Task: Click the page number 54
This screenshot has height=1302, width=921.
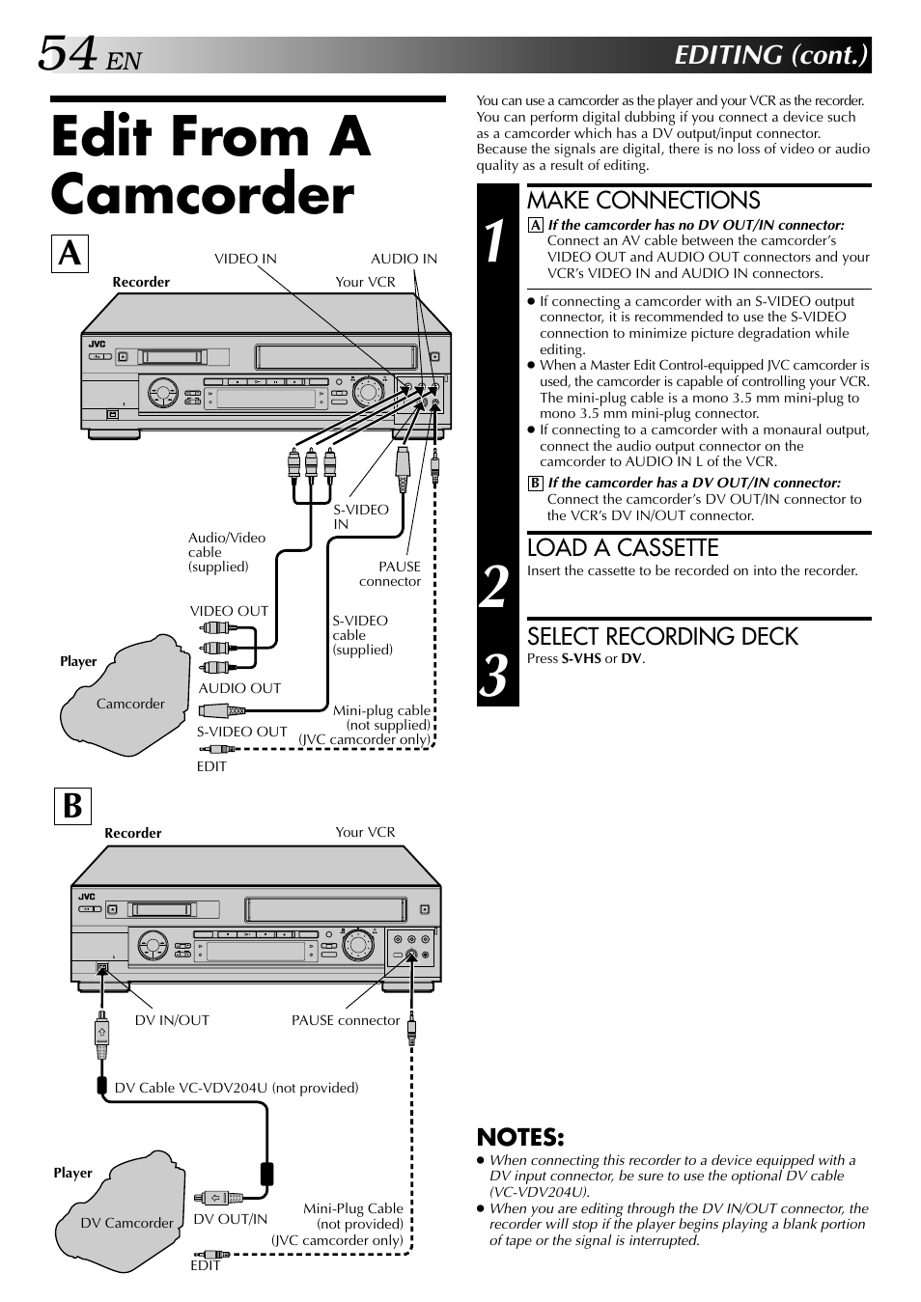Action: coord(67,53)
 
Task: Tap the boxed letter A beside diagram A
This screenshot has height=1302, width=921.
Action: coord(70,254)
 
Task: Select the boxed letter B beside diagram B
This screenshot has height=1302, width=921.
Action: coord(72,806)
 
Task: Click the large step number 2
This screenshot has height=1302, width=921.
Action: coord(494,587)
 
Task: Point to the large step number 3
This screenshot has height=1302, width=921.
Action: coord(494,675)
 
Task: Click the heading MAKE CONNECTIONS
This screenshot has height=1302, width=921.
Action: coord(643,201)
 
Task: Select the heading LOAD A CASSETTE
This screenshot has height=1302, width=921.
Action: coord(623,548)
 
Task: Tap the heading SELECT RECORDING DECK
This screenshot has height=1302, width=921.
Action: coord(662,636)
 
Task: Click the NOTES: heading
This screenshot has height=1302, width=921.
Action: coord(520,1138)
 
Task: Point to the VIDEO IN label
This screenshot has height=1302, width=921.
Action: coord(245,259)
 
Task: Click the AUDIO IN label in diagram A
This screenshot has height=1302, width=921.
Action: coord(405,259)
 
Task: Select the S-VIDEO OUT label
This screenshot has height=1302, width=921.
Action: coord(242,732)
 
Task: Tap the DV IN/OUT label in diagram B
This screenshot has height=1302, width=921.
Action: coord(172,1020)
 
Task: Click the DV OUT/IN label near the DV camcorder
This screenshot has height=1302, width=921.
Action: coord(230,1219)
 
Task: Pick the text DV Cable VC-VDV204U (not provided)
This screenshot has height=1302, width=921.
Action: coord(237,1088)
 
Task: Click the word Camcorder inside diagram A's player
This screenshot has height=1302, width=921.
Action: coord(130,704)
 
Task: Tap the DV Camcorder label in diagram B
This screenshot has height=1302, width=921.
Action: coord(126,1223)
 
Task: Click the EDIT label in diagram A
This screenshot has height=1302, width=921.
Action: coord(211,766)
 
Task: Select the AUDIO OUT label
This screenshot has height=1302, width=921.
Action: coord(239,688)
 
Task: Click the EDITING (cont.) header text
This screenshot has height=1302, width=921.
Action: coord(771,55)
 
